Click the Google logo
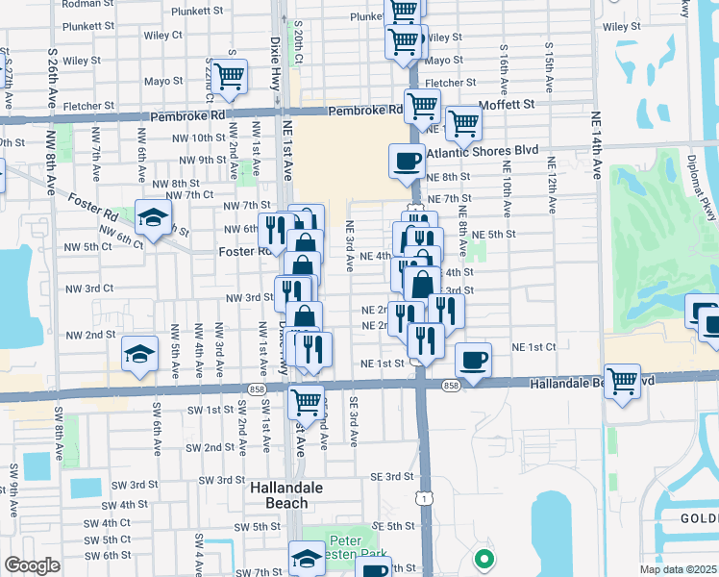[x=31, y=565]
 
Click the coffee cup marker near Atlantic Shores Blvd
[x=407, y=161]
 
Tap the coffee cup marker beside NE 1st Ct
[x=473, y=360]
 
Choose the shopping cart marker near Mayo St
[x=229, y=76]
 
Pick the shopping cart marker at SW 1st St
[x=306, y=399]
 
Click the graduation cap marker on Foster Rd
[x=153, y=216]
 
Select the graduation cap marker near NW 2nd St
[x=140, y=354]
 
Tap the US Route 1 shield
[x=422, y=497]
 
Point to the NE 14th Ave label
[x=597, y=182]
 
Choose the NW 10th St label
[x=193, y=139]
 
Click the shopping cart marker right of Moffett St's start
[x=463, y=121]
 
